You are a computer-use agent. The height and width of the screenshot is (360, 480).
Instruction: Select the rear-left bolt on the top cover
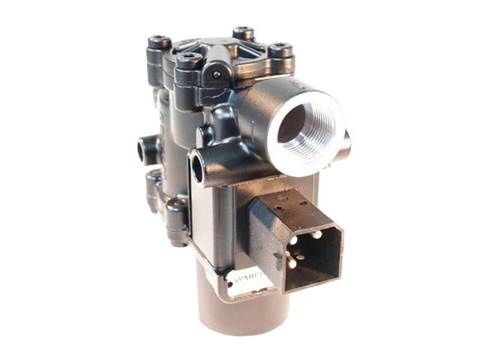[158, 42]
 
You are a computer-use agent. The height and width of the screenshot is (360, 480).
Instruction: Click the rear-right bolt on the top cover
[244, 34]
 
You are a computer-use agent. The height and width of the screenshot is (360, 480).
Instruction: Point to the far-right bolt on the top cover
[280, 52]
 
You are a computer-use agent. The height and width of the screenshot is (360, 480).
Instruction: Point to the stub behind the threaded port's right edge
[345, 142]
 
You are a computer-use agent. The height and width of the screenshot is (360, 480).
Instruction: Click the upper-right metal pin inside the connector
[314, 235]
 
